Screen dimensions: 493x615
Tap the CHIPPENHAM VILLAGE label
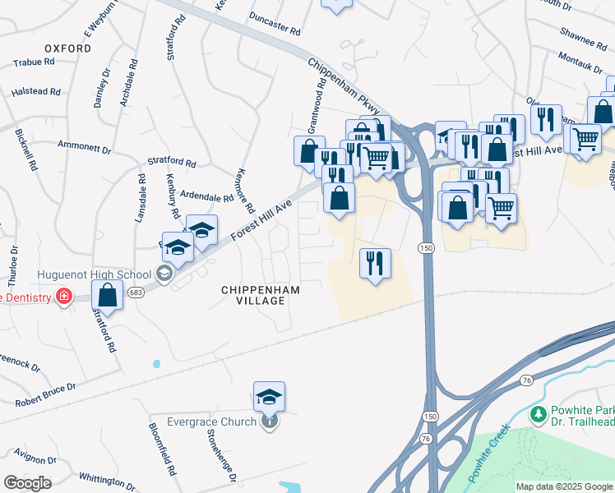tap(261, 295)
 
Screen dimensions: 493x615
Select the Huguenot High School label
tap(94, 275)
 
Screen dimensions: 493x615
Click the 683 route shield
tap(136, 293)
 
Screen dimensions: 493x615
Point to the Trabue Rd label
tap(34, 62)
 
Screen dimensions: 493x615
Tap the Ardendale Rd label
tap(207, 197)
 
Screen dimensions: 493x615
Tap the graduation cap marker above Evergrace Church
tap(269, 397)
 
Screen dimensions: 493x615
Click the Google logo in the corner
tap(26, 483)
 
